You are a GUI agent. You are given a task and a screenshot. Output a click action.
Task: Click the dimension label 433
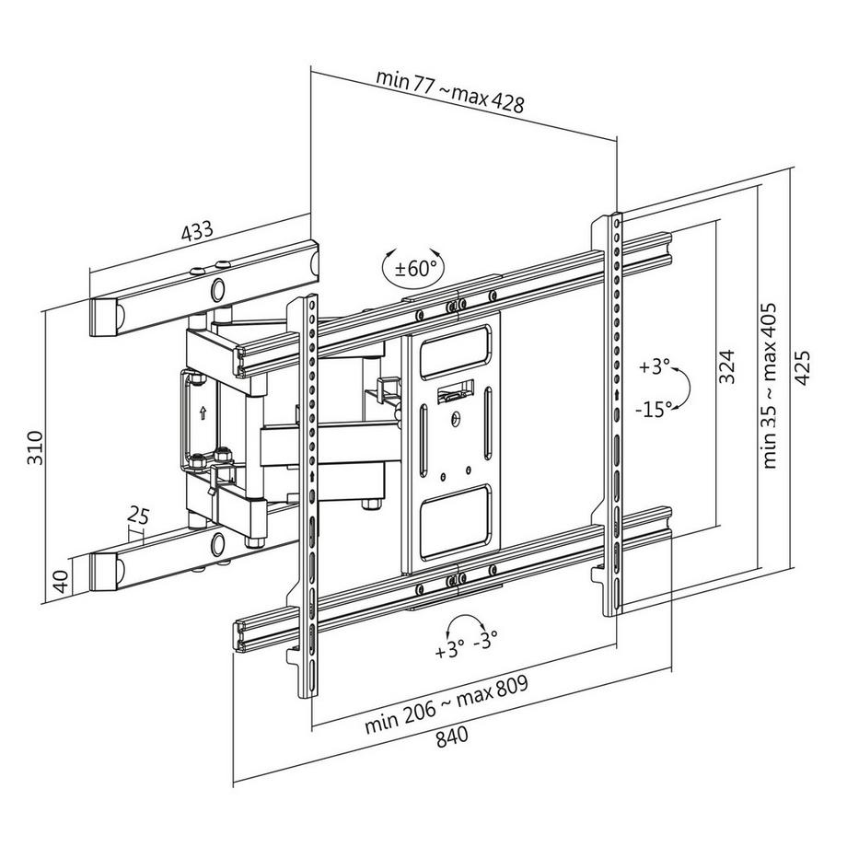pos(196,231)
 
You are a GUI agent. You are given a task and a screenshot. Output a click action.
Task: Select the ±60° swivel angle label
pos(411,269)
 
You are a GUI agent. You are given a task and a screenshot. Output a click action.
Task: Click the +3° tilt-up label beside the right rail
pos(654,366)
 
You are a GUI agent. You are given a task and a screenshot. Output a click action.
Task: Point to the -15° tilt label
pos(655,406)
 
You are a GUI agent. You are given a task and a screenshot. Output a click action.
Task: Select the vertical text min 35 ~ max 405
pos(772,385)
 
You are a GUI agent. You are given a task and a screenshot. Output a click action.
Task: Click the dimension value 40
pos(62,582)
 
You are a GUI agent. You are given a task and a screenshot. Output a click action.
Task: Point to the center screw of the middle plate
pos(455,418)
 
